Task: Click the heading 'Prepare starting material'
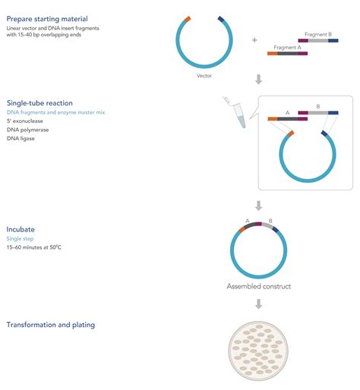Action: tap(47, 18)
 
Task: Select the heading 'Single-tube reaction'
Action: tap(39, 102)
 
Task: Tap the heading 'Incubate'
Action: tap(21, 228)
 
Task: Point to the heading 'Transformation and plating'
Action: tap(50, 325)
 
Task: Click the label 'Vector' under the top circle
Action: tap(204, 76)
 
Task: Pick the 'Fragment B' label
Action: tap(316, 34)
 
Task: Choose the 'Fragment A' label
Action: tap(287, 47)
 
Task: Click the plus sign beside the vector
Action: tap(254, 39)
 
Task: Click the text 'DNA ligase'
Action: tap(23, 138)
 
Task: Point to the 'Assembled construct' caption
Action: tap(258, 287)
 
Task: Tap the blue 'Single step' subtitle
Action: tap(22, 238)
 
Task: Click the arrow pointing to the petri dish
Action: tap(258, 304)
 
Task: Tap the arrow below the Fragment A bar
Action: tap(258, 79)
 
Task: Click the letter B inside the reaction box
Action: tap(317, 107)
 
